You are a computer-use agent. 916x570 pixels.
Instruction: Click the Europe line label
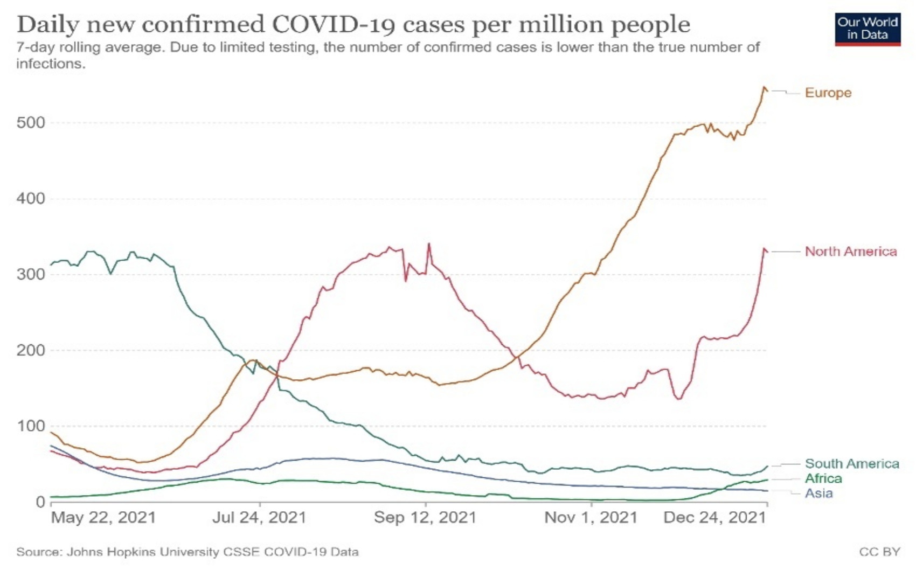[x=828, y=93]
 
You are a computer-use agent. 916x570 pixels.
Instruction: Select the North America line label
[x=850, y=252]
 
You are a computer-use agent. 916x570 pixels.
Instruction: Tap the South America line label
[x=851, y=464]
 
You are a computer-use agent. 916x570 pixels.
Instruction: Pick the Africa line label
[x=823, y=478]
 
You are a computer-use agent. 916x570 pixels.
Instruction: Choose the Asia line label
[x=818, y=493]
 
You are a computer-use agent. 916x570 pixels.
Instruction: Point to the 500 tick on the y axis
[x=30, y=123]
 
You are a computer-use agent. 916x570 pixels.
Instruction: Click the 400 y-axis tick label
[x=30, y=199]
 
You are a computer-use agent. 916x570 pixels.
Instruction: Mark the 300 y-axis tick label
[x=30, y=274]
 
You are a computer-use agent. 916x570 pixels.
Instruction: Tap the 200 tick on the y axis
[x=30, y=350]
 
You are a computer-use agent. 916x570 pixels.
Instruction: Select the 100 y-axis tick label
[x=30, y=426]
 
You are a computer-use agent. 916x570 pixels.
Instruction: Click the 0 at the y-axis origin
[x=40, y=502]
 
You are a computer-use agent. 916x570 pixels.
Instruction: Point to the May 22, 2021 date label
[x=103, y=518]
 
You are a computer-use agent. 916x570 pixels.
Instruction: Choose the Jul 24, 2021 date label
[x=259, y=518]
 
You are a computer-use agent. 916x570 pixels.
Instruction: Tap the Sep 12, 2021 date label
[x=425, y=518]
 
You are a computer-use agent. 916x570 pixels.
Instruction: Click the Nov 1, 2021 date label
[x=591, y=518]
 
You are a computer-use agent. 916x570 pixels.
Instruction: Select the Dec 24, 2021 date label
[x=714, y=518]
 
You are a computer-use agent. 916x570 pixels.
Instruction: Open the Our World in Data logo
[x=867, y=29]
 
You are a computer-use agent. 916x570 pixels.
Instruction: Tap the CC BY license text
[x=879, y=552]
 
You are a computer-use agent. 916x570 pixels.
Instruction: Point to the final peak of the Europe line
[x=764, y=87]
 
